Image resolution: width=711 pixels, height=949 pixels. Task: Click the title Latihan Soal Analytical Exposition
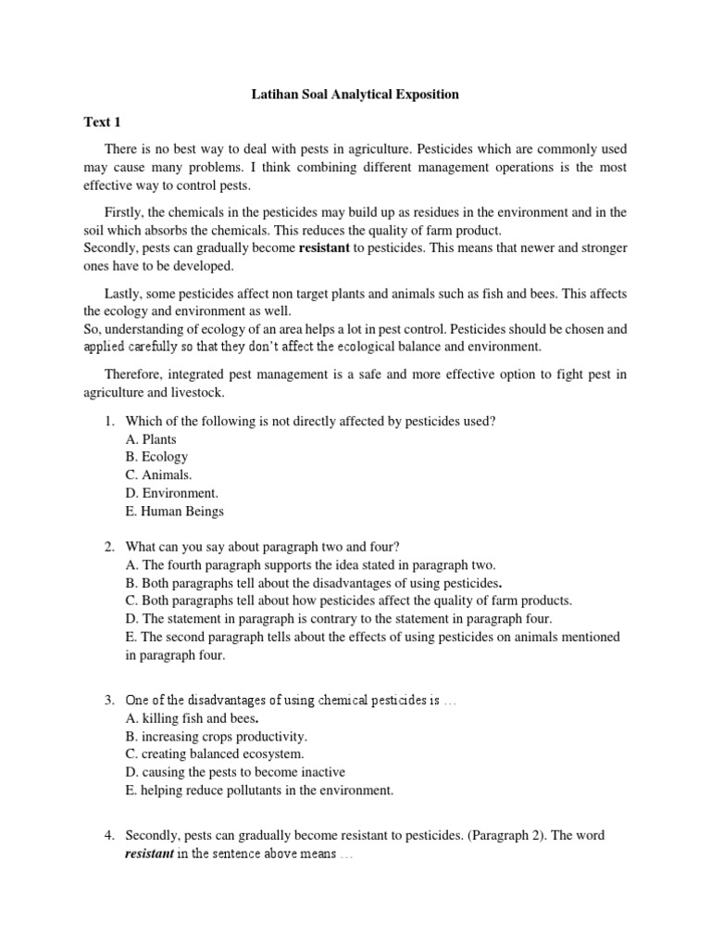pos(356,95)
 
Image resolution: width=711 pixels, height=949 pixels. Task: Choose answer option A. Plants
pos(151,439)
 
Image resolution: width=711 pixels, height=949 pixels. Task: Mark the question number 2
pos(108,547)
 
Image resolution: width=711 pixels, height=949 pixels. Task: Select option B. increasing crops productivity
pos(216,737)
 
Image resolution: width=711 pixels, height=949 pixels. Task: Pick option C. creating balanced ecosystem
pos(215,754)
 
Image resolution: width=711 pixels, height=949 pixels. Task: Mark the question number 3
pos(108,701)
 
